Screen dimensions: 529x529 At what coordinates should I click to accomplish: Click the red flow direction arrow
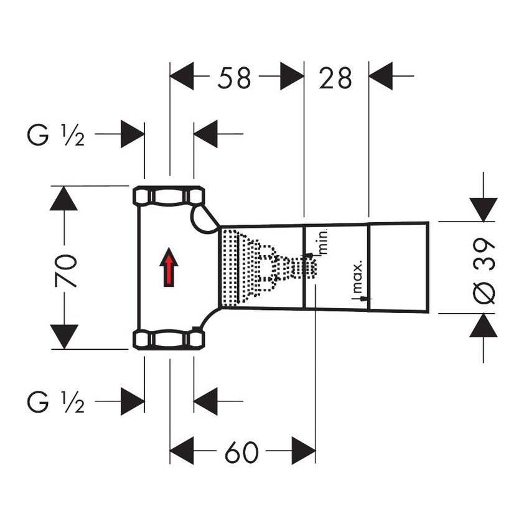coord(169,267)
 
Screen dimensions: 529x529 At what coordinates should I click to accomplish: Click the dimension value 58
coord(235,78)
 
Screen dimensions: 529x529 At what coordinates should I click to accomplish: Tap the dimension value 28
coord(336,78)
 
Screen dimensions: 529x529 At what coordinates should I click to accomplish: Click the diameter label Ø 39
coord(485,269)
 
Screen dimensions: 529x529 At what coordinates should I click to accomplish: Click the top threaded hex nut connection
coord(169,197)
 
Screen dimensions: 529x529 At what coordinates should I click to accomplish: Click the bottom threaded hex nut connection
coord(169,339)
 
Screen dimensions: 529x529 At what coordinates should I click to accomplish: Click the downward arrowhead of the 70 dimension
coord(64,337)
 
